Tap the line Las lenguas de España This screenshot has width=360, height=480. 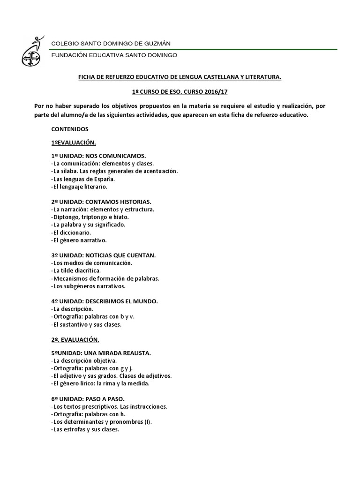pos(82,179)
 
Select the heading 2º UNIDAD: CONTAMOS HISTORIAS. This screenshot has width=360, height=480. pos(101,201)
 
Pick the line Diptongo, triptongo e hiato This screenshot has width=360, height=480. pos(89,217)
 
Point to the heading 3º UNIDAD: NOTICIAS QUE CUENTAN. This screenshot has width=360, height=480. pos(103,255)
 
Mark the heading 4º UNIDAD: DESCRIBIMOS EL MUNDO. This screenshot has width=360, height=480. pos(104,301)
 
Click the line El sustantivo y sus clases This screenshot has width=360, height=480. pos(87,324)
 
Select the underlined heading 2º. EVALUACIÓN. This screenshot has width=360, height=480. pos(75,339)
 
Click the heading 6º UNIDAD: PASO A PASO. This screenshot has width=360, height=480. pos(88,398)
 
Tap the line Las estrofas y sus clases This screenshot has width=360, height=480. pos(85,429)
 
